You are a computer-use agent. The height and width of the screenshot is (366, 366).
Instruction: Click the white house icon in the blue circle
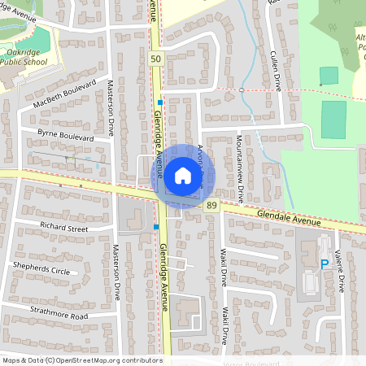point(182,175)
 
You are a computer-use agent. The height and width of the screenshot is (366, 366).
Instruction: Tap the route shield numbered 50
point(155,60)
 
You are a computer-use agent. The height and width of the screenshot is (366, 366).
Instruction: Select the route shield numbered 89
point(211,207)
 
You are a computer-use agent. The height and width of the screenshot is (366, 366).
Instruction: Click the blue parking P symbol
point(324,264)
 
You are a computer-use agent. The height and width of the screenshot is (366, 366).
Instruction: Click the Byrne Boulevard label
point(66,135)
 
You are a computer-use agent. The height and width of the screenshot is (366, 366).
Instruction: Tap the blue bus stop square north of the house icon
point(161,102)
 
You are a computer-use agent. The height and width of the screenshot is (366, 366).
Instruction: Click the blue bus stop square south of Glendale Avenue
point(156,226)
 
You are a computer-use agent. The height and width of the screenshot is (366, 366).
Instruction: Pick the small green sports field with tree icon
point(329,76)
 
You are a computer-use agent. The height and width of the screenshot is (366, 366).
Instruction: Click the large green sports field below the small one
point(333,119)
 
